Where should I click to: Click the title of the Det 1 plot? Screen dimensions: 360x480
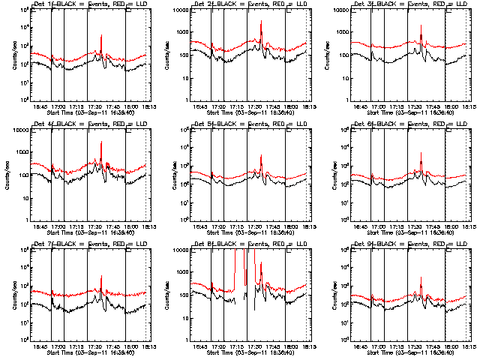pyautogui.click(x=87, y=6)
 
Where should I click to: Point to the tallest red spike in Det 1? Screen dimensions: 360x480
pyautogui.click(x=100, y=35)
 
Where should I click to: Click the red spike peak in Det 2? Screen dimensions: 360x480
pyautogui.click(x=261, y=22)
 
